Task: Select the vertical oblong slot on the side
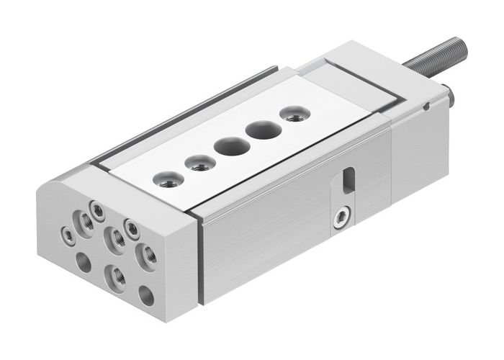coord(349,179)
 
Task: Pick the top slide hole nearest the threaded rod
coord(292,113)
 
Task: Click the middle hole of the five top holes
coord(228,144)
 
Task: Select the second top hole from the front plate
coord(197,162)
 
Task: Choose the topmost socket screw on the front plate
coord(94,208)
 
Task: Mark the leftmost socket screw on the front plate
coord(67,233)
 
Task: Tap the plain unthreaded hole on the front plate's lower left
coord(84,263)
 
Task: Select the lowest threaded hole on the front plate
coord(116,275)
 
